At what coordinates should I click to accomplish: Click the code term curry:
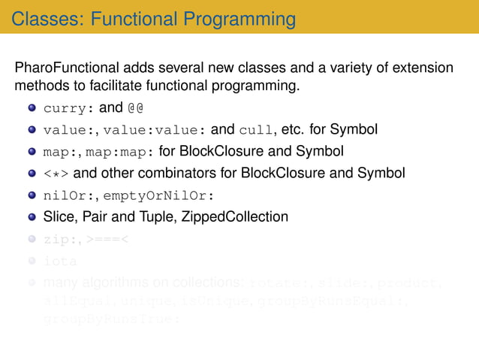pyautogui.click(x=68, y=109)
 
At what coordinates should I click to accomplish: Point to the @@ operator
pyautogui.click(x=135, y=109)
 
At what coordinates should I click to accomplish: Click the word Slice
pyautogui.click(x=59, y=217)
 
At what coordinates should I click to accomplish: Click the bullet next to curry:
pyautogui.click(x=32, y=109)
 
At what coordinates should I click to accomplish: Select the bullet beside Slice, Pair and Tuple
pyautogui.click(x=32, y=218)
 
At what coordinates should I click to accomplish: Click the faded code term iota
pyautogui.click(x=60, y=262)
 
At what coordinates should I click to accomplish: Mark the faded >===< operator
pyautogui.click(x=107, y=240)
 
